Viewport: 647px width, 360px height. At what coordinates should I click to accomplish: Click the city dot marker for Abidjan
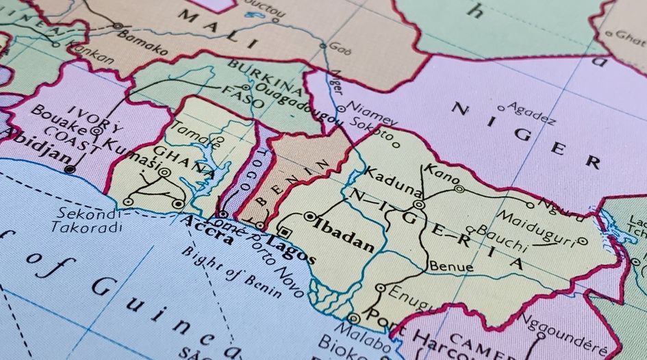[x=69, y=168]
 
